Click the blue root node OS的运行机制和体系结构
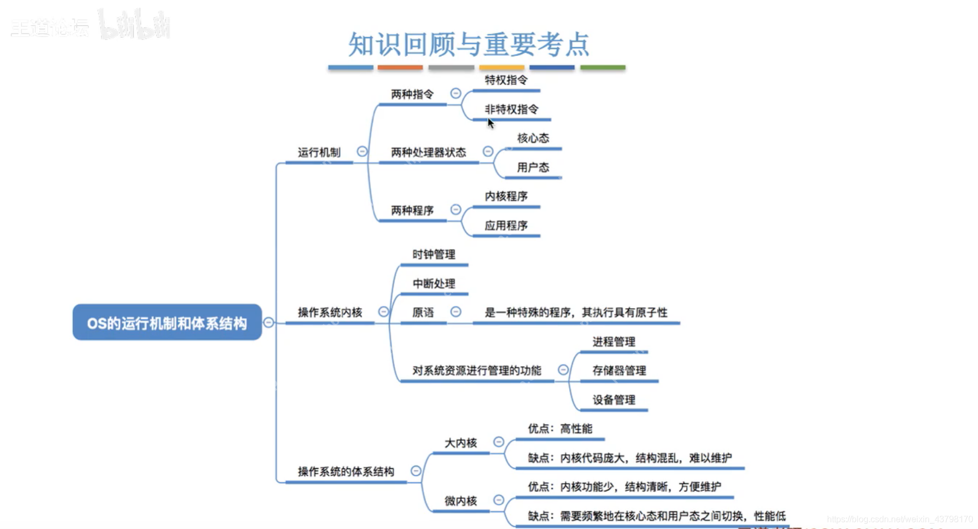click(167, 323)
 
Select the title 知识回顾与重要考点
click(469, 44)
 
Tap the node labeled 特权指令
click(506, 80)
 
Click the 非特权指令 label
click(511, 109)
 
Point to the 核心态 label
click(533, 138)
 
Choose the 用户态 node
click(533, 167)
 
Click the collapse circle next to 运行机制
click(362, 152)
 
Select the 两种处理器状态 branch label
click(428, 152)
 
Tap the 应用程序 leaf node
click(506, 225)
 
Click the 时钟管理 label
click(434, 254)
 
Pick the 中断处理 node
click(434, 283)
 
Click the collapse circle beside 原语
click(456, 312)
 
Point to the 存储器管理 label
click(619, 370)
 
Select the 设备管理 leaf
click(614, 399)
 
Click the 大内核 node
click(461, 443)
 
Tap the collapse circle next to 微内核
click(499, 500)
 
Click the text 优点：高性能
click(559, 428)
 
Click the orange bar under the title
click(400, 67)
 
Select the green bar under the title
click(602, 67)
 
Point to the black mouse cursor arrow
click(490, 123)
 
